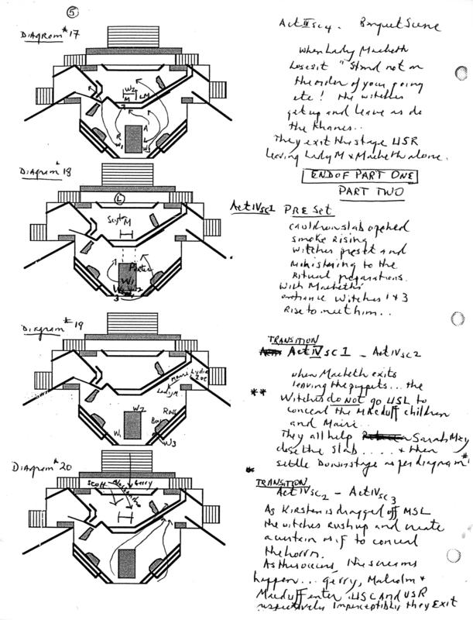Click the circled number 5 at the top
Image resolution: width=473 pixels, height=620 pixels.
tap(72, 12)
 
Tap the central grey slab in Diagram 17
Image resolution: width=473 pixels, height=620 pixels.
tap(134, 138)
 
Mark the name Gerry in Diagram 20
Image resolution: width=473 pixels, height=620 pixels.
tap(143, 480)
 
